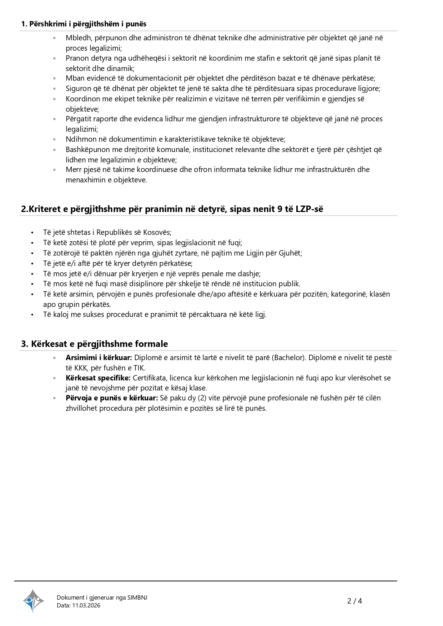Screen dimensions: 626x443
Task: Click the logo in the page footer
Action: pos(33,601)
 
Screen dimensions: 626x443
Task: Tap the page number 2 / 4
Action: pos(354,601)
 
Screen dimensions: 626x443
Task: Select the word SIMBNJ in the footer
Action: pos(137,597)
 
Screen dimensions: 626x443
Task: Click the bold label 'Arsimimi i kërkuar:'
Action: pos(99,358)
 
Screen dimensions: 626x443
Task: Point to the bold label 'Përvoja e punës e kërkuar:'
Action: pos(112,398)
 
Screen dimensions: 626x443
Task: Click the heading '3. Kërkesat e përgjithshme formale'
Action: pos(94,344)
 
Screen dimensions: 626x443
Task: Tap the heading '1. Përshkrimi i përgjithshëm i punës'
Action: pos(84,24)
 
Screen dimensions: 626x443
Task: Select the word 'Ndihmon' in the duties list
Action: pos(79,139)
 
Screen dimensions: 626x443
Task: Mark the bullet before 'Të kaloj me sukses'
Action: pos(32,315)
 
